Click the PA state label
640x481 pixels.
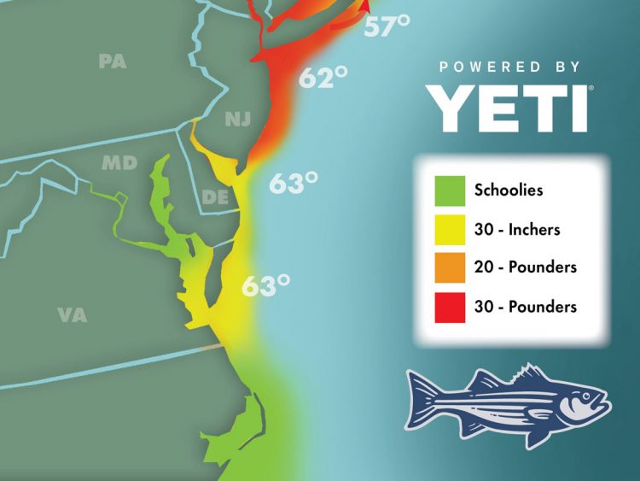point(113,61)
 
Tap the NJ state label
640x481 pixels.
point(238,119)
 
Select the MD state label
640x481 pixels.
point(119,162)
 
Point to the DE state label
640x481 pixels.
point(213,197)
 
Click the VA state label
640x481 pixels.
point(73,314)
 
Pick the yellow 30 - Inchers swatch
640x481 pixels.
point(450,229)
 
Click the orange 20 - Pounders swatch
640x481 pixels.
point(450,267)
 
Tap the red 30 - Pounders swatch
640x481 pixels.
point(450,306)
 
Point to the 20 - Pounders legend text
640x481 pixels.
point(525,267)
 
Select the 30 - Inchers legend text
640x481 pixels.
point(517,229)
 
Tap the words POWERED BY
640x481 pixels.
point(509,67)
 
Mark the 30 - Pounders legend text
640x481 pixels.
point(525,306)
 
